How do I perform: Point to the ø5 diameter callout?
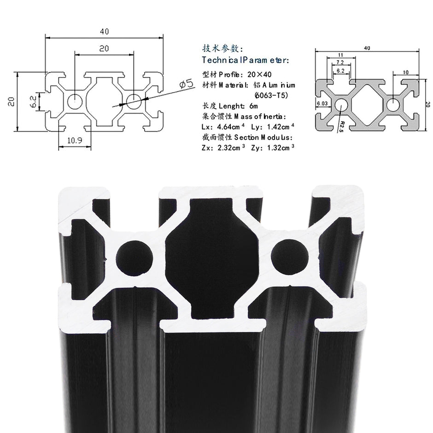185,84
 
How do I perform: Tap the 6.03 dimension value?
322,103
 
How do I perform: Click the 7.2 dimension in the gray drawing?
340,63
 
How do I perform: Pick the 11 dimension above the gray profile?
341,55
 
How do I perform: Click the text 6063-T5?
271,95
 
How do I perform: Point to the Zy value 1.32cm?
277,147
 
